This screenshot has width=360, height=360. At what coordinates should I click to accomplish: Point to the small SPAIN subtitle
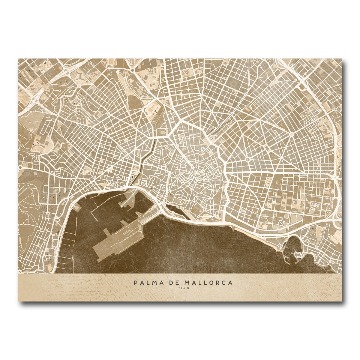pyautogui.click(x=183, y=289)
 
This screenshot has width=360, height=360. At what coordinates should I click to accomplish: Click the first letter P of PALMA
pyautogui.click(x=136, y=283)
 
